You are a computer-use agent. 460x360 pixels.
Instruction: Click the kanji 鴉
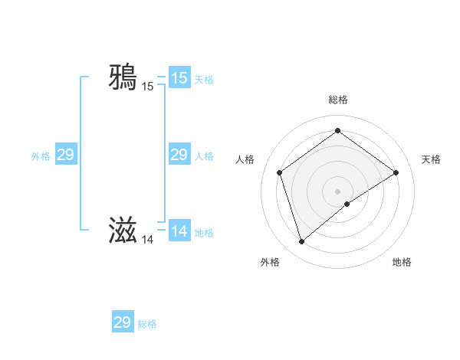click(x=123, y=77)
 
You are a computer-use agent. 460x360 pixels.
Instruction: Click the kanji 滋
click(x=123, y=230)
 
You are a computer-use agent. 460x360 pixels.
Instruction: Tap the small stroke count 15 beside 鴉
click(x=147, y=87)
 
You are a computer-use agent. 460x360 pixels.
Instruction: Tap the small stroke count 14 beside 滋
click(x=147, y=240)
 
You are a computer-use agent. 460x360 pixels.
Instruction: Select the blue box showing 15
click(x=179, y=78)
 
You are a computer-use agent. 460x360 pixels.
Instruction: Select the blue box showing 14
click(x=179, y=231)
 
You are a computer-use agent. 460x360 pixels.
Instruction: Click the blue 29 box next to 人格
click(x=179, y=155)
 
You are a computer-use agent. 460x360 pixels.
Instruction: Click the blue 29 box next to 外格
click(x=66, y=155)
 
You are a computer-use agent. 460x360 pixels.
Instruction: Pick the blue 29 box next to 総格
click(x=123, y=322)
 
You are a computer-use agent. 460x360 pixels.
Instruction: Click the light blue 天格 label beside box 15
click(x=204, y=80)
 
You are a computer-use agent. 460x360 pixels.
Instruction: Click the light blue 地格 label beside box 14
click(x=204, y=233)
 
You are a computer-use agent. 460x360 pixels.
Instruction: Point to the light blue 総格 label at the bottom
click(x=147, y=324)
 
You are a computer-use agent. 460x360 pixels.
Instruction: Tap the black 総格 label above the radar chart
click(x=337, y=100)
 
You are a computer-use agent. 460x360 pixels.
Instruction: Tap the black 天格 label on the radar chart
click(x=431, y=159)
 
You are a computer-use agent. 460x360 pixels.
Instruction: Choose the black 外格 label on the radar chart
click(x=270, y=262)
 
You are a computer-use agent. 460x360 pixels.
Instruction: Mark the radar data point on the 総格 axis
click(x=337, y=131)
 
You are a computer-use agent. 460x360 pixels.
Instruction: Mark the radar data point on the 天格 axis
click(x=396, y=172)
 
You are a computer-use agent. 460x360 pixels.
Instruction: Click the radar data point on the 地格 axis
click(x=347, y=204)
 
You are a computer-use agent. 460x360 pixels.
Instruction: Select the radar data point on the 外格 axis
click(x=301, y=242)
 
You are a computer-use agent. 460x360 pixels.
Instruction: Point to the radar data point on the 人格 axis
click(x=279, y=172)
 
